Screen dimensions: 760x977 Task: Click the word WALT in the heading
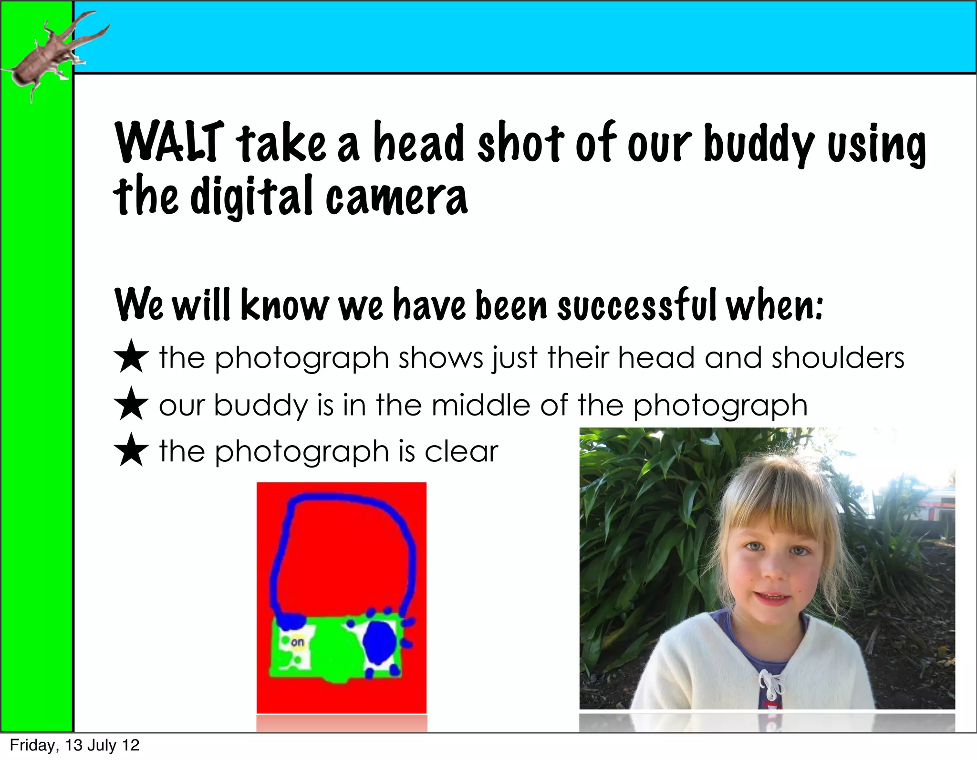[x=169, y=142]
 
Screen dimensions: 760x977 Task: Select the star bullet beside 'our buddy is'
[x=131, y=404]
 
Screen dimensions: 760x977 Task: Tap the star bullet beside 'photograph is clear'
[x=131, y=450]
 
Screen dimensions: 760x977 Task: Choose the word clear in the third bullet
[x=461, y=451]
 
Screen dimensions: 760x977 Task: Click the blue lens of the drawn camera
[x=380, y=643]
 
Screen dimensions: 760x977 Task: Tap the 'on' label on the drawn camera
[x=297, y=642]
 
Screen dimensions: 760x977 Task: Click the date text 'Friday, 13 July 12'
[x=74, y=745]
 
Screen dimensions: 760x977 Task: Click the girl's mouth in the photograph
[x=774, y=597]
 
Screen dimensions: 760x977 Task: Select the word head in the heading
[x=418, y=142]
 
